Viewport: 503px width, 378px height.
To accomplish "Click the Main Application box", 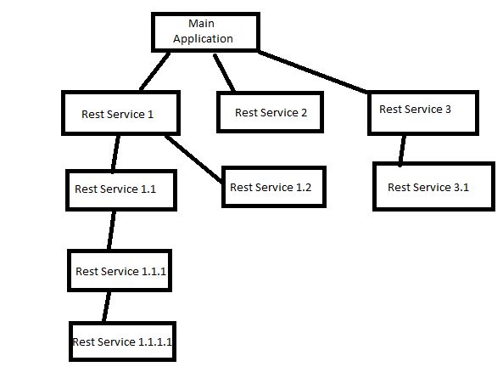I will tap(203, 31).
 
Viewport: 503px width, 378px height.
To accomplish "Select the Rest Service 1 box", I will tap(120, 114).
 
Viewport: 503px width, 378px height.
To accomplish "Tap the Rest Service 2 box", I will tap(271, 112).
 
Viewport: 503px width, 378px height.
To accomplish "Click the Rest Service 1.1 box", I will tap(120, 189).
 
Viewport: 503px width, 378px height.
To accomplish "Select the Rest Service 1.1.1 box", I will tap(120, 271).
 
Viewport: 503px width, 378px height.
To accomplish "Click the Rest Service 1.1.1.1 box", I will tap(124, 341).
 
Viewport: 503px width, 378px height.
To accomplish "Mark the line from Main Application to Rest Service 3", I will tap(314, 72).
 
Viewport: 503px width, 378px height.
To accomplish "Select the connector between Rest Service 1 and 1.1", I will tap(114, 152).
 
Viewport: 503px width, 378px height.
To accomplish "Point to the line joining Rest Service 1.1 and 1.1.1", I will tap(110, 229).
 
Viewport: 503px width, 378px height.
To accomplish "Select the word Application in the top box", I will tap(203, 38).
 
